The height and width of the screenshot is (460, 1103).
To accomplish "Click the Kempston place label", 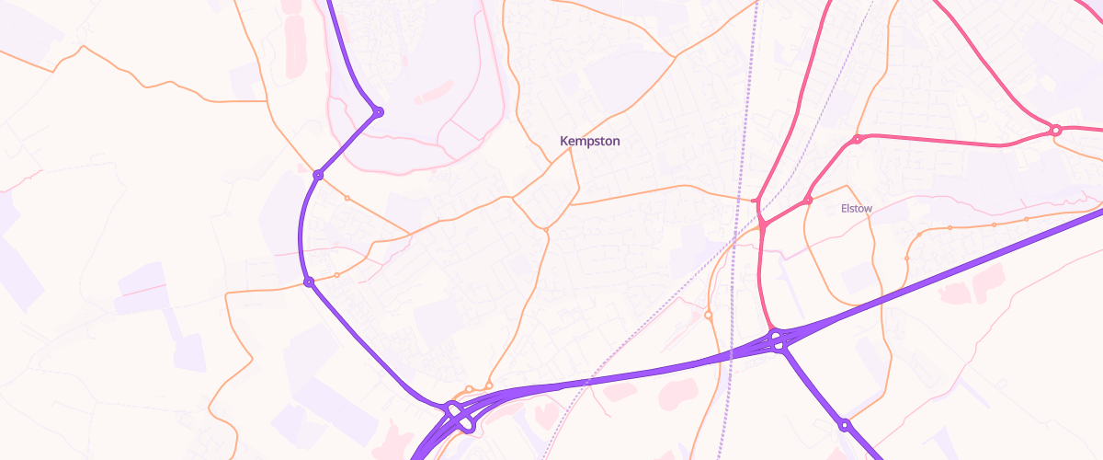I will click(x=590, y=141).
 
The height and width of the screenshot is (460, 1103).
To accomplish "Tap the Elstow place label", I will click(x=857, y=209).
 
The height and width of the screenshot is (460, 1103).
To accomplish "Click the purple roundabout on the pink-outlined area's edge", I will click(x=378, y=112).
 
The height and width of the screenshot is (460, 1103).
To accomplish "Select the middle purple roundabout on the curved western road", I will click(x=318, y=175).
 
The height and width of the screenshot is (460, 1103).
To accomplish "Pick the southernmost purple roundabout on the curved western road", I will click(x=309, y=282).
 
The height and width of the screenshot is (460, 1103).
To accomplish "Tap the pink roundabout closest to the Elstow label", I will click(x=807, y=201).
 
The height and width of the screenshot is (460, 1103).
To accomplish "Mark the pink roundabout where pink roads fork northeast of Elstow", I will click(x=1056, y=131).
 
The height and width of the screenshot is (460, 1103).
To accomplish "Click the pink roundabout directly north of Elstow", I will click(x=857, y=140).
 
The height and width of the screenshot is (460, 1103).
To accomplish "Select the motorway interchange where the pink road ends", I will click(x=778, y=340).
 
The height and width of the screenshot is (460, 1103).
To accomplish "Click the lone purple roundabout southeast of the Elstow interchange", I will click(x=844, y=425).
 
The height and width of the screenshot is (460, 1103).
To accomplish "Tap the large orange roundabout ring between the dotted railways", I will click(x=708, y=316).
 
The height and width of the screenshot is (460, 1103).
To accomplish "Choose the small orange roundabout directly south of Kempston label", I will click(x=545, y=229).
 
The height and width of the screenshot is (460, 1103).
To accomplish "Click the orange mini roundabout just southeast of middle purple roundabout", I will click(x=347, y=198).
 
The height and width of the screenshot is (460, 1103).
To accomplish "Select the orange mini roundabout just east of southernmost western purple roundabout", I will click(x=336, y=275).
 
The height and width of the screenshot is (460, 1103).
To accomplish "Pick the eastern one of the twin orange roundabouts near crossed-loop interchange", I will click(x=489, y=385).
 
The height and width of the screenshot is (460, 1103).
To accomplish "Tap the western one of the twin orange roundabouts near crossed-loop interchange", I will click(x=469, y=389).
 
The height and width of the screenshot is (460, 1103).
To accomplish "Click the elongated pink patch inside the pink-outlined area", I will click(x=433, y=91).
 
